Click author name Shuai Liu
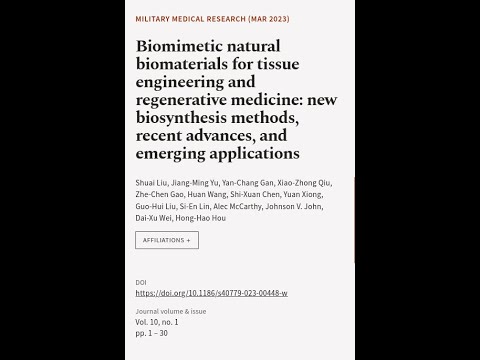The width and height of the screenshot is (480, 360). point(151,182)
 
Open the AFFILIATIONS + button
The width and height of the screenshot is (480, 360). point(167,240)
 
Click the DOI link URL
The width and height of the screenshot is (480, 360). point(211,293)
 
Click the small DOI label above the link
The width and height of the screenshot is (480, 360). point(140,283)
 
